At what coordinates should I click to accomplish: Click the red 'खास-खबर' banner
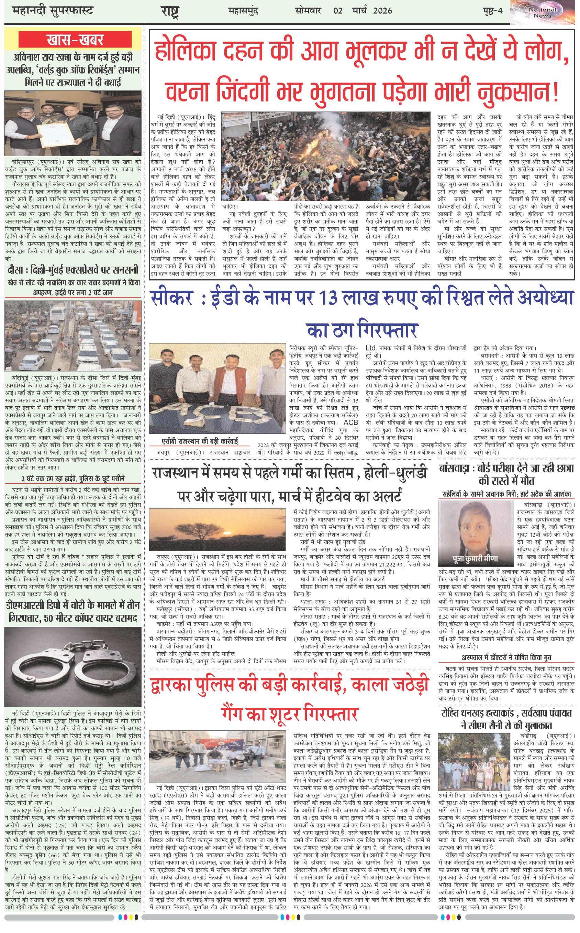pos(75,40)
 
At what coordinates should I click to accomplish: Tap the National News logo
pos(543,13)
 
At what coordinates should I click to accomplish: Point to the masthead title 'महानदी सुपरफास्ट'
pos(53,10)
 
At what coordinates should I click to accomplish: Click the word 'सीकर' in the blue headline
pos(171,298)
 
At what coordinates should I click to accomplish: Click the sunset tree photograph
pos(217,530)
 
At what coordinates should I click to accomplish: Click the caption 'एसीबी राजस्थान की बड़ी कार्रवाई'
pos(200,441)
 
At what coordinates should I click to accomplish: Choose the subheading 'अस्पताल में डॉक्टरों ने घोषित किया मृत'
pos(506,658)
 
